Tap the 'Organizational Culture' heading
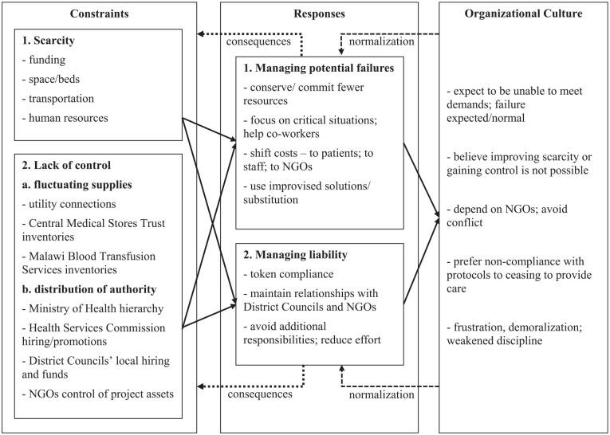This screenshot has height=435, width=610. (523, 14)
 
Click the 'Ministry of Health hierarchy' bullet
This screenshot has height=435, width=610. (95, 308)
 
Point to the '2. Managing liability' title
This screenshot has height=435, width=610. (297, 257)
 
